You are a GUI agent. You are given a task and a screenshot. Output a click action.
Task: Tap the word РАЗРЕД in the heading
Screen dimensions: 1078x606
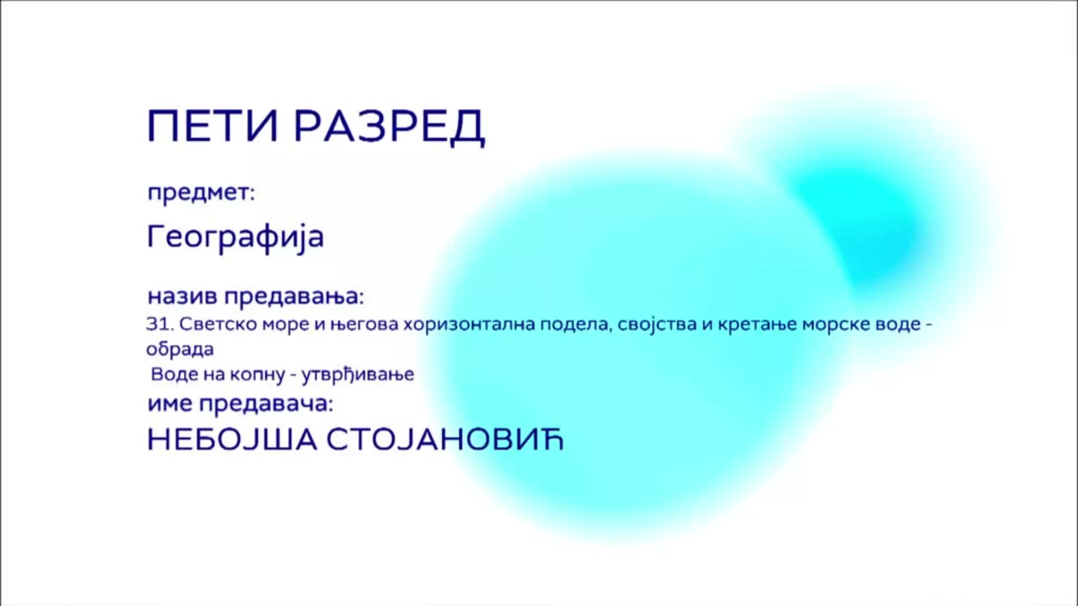389,127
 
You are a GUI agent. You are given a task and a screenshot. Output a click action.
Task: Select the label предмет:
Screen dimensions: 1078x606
201,194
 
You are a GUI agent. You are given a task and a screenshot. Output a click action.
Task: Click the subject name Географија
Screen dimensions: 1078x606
235,237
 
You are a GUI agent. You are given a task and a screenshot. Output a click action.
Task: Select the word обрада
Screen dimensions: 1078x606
180,350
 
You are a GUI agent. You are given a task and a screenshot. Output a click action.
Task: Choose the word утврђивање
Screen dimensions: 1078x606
358,375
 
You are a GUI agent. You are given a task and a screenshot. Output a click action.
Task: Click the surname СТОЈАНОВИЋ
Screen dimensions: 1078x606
445,440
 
